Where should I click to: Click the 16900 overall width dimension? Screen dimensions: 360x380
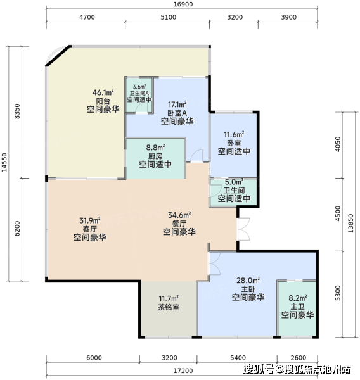(x=183, y=4)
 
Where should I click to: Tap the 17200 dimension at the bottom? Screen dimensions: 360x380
(x=183, y=370)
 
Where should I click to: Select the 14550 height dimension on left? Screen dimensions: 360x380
(x=4, y=162)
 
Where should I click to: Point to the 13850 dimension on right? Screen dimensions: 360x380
(x=350, y=223)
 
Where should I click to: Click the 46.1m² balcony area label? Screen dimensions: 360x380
(x=103, y=92)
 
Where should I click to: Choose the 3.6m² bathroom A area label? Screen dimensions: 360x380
(x=139, y=87)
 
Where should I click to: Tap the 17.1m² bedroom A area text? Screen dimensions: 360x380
(x=177, y=104)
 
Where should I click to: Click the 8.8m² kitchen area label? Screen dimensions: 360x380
(x=155, y=148)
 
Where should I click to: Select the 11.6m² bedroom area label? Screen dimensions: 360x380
(x=234, y=134)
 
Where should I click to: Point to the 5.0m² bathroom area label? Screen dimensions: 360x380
(x=234, y=182)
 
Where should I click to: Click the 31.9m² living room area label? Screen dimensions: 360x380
(x=90, y=220)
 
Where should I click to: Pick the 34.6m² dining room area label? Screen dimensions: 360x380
(x=179, y=215)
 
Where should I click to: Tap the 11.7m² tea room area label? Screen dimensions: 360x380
(x=169, y=298)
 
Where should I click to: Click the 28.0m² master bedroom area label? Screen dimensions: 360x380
(x=248, y=281)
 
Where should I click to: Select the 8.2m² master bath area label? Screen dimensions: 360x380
(x=298, y=298)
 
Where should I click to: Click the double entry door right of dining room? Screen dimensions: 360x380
(x=244, y=229)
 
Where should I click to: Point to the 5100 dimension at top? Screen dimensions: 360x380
(x=169, y=17)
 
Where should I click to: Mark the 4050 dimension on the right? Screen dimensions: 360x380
(x=338, y=144)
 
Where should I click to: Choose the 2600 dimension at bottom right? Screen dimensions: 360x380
(x=298, y=358)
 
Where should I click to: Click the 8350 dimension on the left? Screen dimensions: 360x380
(x=17, y=111)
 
